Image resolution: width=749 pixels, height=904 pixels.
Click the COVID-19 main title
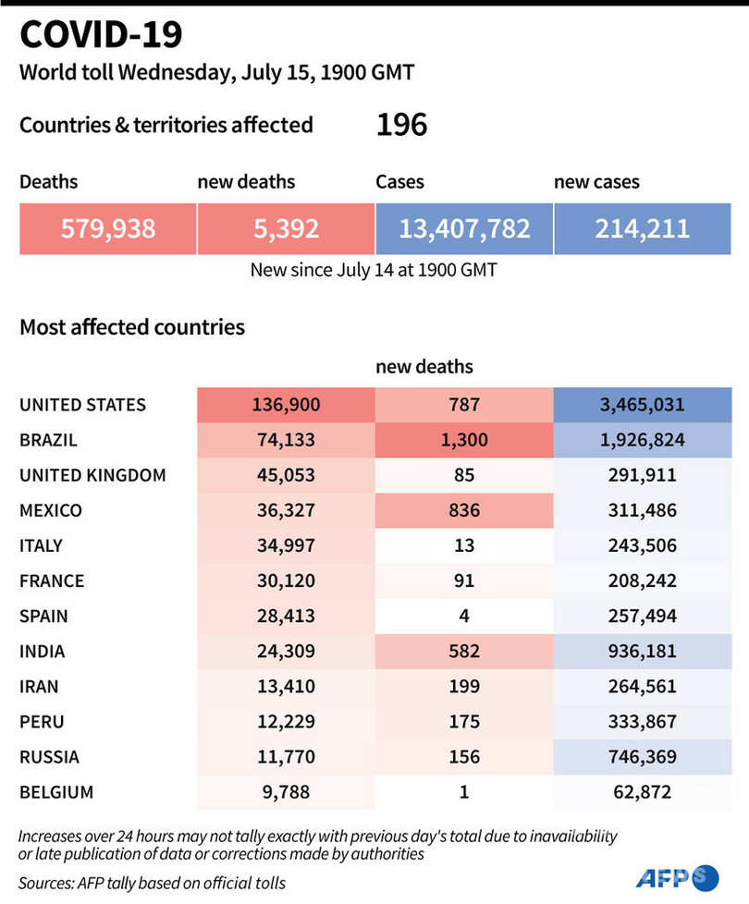(101, 35)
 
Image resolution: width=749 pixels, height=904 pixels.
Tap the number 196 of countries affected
(401, 125)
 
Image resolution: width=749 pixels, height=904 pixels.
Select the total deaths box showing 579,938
(107, 227)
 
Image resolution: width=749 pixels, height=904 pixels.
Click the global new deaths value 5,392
(285, 227)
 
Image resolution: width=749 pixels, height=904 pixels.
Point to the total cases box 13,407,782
(464, 227)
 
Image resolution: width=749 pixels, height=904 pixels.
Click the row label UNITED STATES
(82, 404)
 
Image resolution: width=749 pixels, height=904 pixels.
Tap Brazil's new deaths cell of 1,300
(463, 439)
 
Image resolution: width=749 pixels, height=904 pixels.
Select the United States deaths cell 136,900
(285, 404)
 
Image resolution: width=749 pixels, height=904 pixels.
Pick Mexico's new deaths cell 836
(463, 509)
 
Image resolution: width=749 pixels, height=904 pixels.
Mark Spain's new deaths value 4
(463, 616)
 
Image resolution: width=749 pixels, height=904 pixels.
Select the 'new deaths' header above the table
(424, 367)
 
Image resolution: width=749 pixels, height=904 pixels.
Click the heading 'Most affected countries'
(132, 326)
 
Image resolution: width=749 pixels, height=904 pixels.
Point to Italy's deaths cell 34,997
(285, 545)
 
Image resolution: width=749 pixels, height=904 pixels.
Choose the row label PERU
(43, 721)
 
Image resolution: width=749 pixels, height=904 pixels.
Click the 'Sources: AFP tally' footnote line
(152, 883)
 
